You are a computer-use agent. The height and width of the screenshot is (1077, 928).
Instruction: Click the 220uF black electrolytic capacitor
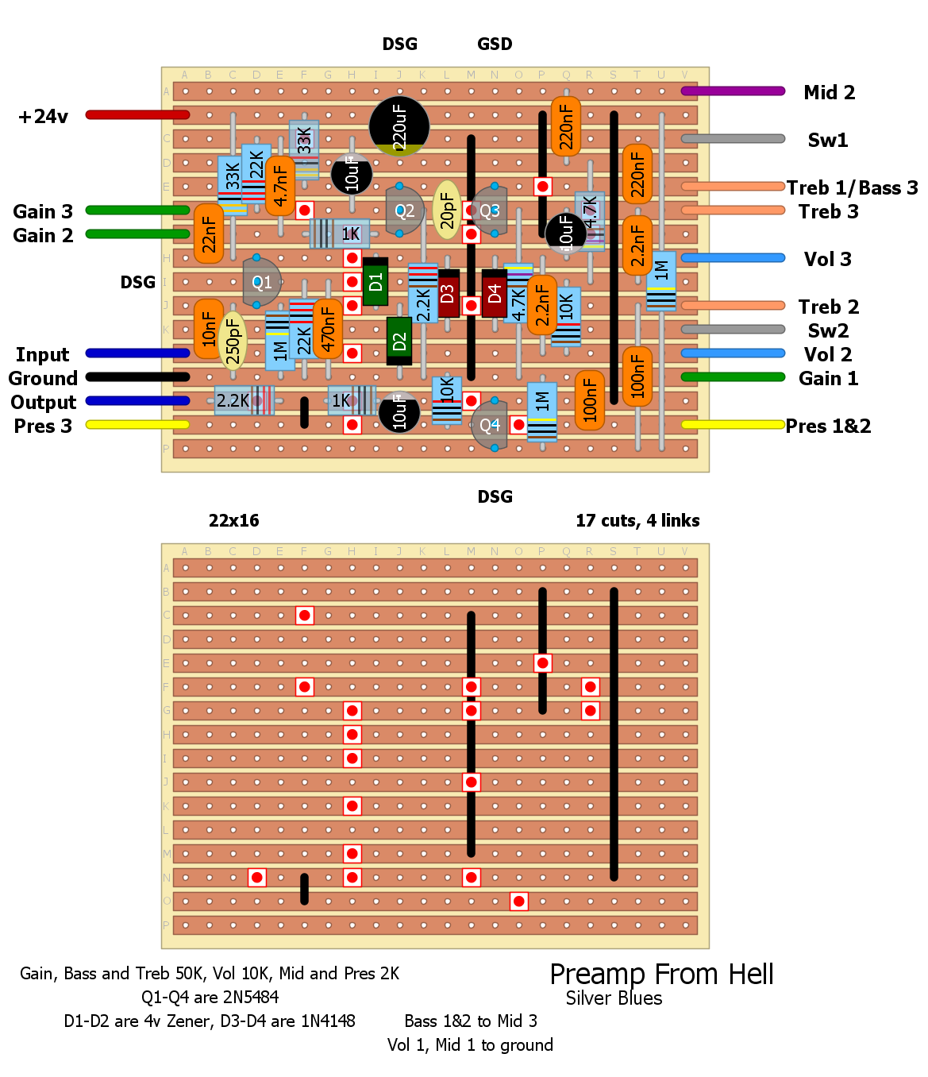pos(399,126)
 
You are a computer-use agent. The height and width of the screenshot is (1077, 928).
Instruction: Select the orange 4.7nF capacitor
pos(280,186)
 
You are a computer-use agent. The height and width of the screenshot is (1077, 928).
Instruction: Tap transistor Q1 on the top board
pos(261,282)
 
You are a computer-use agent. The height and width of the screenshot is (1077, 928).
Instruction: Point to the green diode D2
pos(399,341)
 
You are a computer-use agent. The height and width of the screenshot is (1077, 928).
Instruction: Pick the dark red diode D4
pos(495,293)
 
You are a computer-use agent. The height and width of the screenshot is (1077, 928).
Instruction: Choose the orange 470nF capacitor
pos(328,329)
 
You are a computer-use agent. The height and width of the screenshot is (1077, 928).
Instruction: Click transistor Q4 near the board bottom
pos(490,425)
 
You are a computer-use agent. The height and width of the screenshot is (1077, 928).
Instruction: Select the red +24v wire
pos(137,115)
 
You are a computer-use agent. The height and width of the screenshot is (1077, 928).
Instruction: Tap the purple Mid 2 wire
pos(733,91)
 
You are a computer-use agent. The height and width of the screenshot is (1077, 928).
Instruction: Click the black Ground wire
pos(137,377)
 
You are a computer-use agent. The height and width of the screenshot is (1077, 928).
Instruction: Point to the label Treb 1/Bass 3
pos(852,188)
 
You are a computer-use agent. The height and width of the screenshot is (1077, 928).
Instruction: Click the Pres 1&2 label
pos(828,427)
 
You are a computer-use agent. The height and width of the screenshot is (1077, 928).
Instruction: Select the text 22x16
pos(233,521)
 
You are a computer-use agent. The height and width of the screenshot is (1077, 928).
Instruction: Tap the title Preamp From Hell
pos(661,975)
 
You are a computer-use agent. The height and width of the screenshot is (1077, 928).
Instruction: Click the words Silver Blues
pos(614,998)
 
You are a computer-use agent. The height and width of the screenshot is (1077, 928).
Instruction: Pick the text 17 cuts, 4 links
pos(637,521)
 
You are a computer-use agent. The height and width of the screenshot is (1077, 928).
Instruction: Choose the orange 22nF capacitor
pos(209,234)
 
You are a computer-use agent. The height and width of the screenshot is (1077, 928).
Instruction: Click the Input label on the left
pos(43,355)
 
